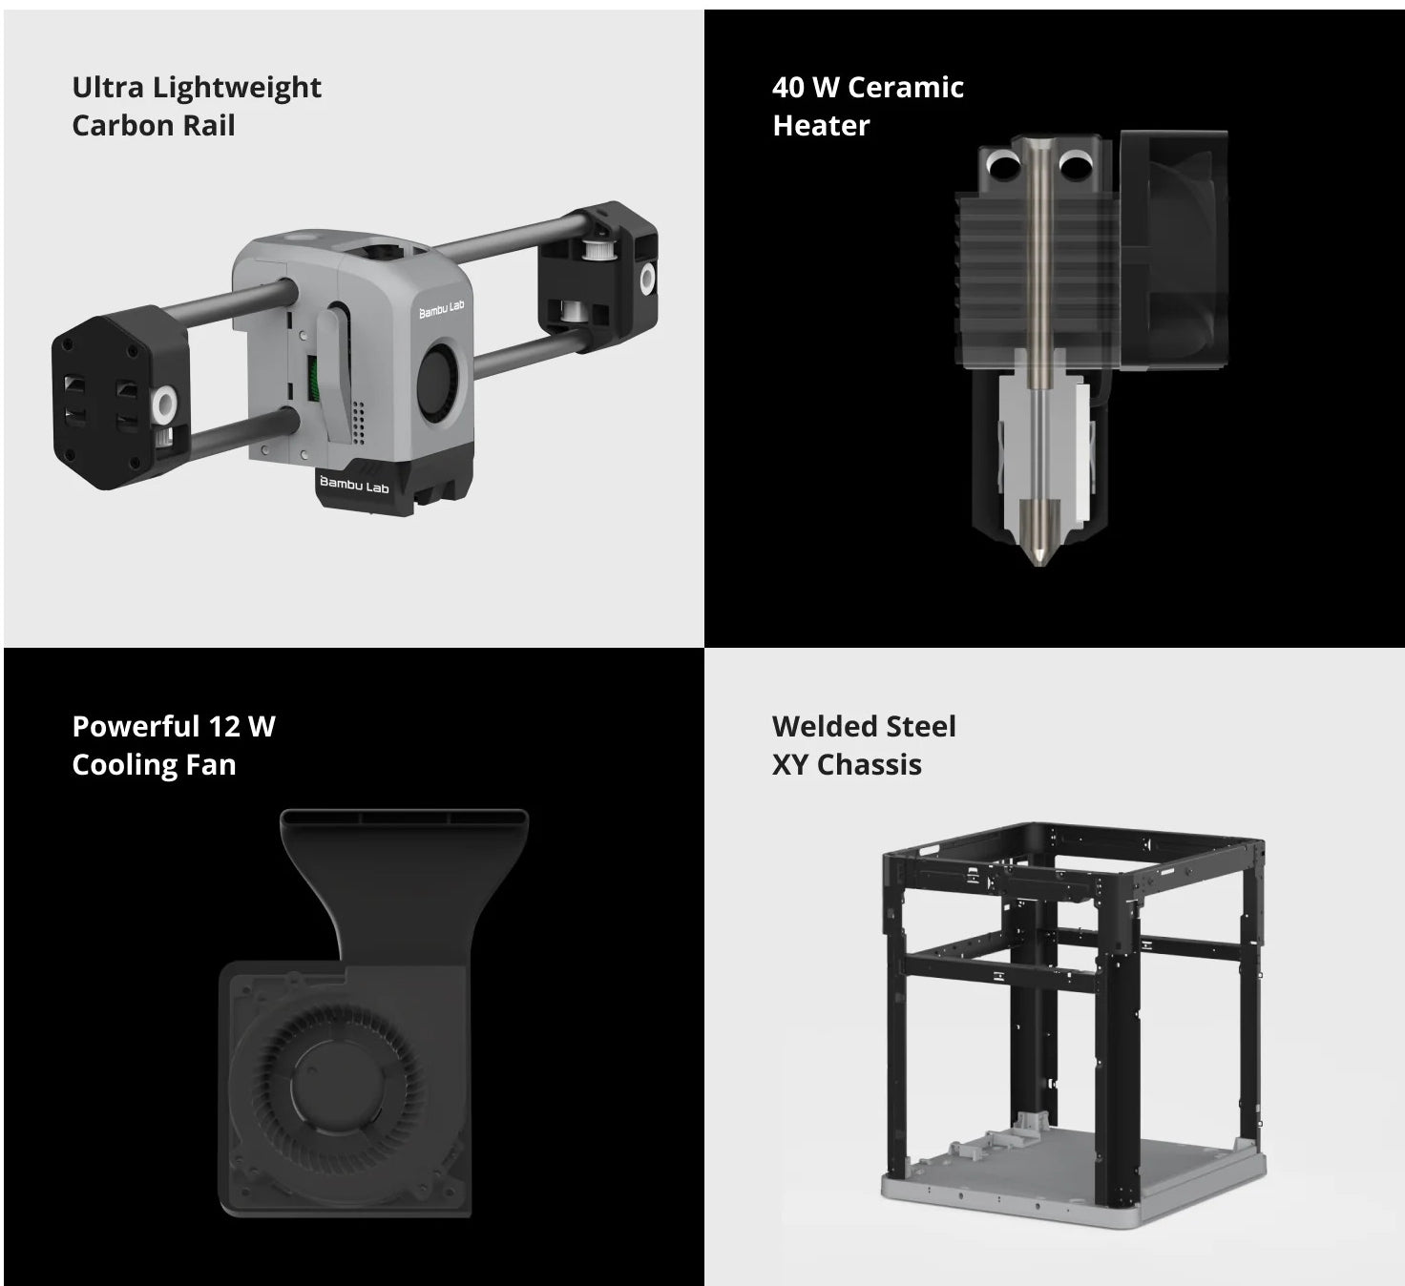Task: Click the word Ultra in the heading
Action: coord(108,88)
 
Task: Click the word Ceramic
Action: coord(906,88)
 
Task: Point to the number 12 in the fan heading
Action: coord(223,727)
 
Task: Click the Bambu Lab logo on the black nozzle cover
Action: coord(354,485)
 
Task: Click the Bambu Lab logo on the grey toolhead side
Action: coord(441,309)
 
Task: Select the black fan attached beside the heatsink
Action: coord(1173,250)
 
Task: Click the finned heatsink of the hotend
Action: coord(1037,280)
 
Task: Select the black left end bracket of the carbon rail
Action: coord(120,398)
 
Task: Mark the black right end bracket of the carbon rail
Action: coord(598,277)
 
